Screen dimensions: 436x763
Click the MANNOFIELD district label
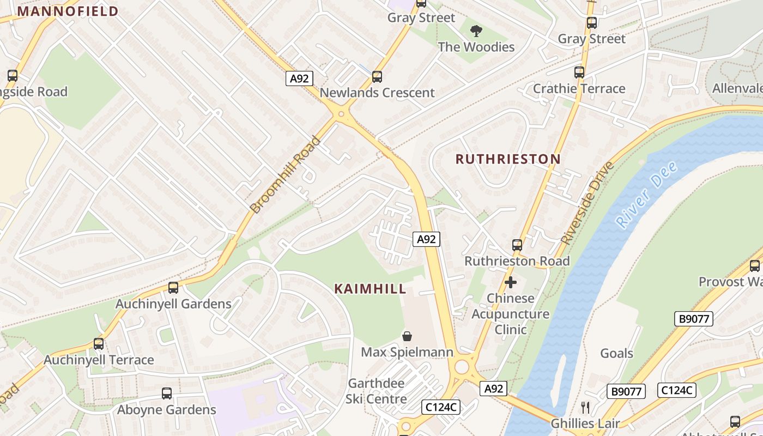[x=68, y=11]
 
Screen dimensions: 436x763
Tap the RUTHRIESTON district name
[x=508, y=159]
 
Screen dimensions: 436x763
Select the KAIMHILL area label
[x=371, y=289]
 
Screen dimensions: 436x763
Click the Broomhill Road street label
[x=285, y=174]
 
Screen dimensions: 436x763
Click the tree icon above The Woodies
[x=476, y=31]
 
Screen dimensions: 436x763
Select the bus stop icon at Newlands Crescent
[x=377, y=77]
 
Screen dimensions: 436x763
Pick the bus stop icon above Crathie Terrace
[x=579, y=72]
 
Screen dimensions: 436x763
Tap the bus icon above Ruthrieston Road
[x=517, y=245]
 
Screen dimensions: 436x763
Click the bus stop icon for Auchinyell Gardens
[x=173, y=288]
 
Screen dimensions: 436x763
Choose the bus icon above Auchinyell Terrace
[x=99, y=344]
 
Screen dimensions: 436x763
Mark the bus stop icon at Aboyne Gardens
[x=167, y=393]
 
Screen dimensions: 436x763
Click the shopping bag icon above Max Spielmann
[x=407, y=336]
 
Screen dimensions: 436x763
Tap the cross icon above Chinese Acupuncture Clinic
[x=511, y=282]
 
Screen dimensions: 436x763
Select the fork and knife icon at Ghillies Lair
[x=585, y=407]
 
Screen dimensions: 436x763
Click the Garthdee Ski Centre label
[x=377, y=391]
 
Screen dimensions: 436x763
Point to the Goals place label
[x=616, y=353]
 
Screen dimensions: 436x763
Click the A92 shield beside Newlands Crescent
[x=299, y=78]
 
